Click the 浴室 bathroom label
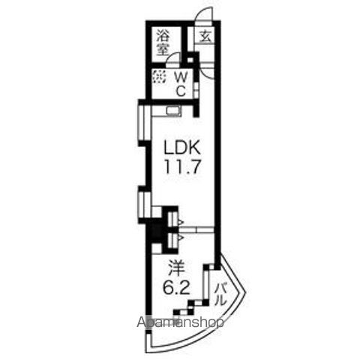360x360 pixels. coord(163,43)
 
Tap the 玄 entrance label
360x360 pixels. coord(205,37)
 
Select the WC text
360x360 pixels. coord(181,85)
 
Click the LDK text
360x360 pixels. coord(181,147)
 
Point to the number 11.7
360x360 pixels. coord(182,166)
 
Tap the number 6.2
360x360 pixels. coord(176,288)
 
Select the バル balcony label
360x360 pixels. coord(220,294)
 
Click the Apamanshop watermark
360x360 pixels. coord(180,322)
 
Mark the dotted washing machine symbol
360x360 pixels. coord(159,77)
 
